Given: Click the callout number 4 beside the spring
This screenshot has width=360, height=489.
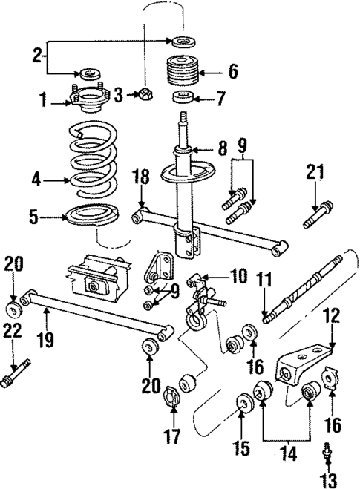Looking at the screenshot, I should [36, 179].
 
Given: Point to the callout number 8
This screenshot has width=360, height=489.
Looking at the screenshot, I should [222, 148].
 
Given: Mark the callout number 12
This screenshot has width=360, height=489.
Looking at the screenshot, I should [331, 317].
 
